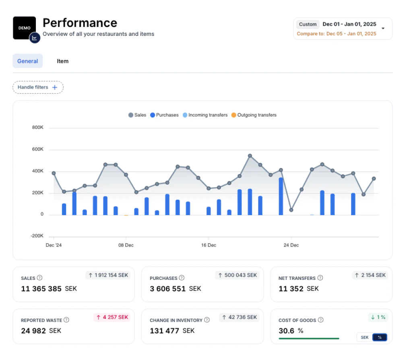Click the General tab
[x=28, y=61]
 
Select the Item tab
[x=62, y=61]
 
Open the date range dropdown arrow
[x=383, y=29]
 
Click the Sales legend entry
[x=137, y=115]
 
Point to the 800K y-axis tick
[x=37, y=128]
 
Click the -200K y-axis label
[x=37, y=236]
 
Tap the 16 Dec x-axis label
[x=209, y=245]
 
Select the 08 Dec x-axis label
[x=126, y=245]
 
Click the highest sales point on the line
[x=250, y=156]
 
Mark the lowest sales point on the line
[x=291, y=210]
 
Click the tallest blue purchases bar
[x=281, y=196]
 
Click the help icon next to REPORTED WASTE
[x=66, y=320]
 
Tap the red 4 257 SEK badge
[x=112, y=317]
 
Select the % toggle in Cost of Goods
[x=380, y=337]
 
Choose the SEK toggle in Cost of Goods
[x=365, y=337]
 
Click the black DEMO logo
[x=24, y=28]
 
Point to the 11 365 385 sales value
[x=41, y=289]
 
